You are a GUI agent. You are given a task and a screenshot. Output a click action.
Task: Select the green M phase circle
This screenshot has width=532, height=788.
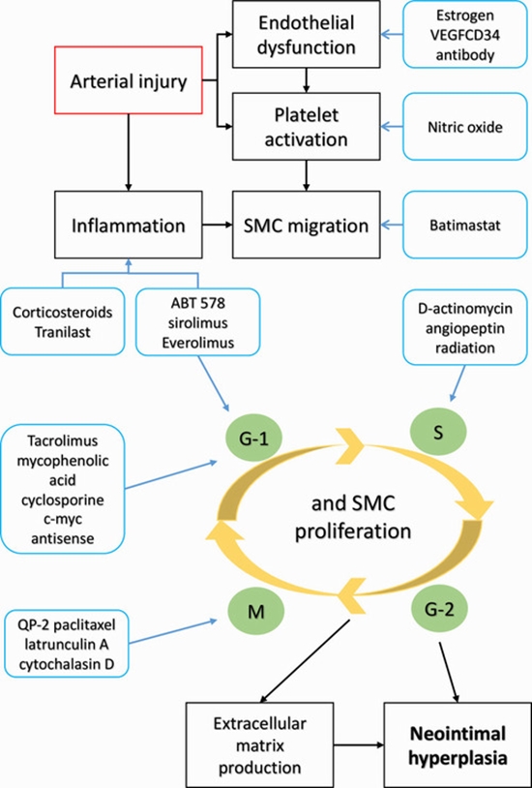(254, 611)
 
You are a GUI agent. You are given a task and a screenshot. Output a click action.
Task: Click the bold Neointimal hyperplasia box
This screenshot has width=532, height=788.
(454, 743)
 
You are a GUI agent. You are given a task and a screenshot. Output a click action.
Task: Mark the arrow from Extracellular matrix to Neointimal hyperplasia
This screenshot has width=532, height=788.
(359, 743)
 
